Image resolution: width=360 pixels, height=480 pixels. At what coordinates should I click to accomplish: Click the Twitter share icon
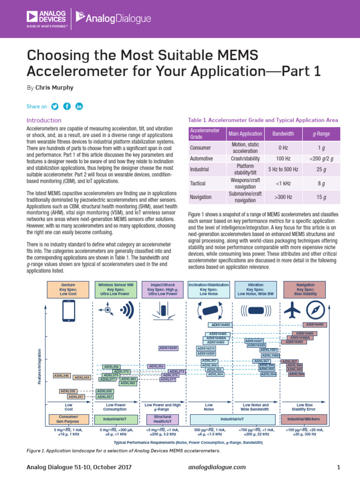(x=55, y=106)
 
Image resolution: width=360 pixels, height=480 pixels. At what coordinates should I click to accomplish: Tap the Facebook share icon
(x=67, y=106)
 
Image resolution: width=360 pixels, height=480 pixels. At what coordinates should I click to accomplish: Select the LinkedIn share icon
(x=79, y=106)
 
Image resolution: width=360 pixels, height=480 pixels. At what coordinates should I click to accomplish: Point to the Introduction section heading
(x=44, y=120)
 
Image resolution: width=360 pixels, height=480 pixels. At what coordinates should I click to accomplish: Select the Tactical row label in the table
(x=197, y=183)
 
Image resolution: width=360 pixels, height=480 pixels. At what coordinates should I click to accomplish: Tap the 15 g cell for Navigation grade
(x=321, y=197)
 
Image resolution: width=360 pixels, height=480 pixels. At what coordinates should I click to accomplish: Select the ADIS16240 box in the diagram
(x=168, y=348)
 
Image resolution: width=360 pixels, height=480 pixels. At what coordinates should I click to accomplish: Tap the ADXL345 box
(x=61, y=375)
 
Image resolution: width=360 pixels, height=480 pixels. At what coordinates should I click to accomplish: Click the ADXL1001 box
(x=269, y=350)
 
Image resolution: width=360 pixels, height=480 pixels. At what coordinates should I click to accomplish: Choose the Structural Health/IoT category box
(x=162, y=419)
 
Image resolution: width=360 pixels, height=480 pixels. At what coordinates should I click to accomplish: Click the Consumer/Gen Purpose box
(x=68, y=419)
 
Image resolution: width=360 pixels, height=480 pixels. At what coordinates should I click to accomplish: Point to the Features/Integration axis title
(x=40, y=367)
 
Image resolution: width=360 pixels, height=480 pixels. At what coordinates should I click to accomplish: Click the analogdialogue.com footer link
(x=217, y=467)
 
